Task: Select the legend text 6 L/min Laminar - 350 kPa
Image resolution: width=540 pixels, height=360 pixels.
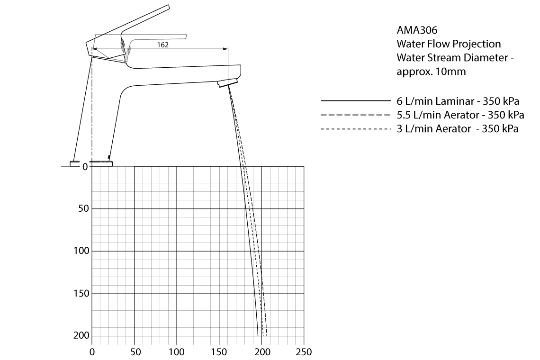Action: pyautogui.click(x=458, y=101)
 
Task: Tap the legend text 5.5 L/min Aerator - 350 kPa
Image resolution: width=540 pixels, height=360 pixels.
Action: pyautogui.click(x=460, y=115)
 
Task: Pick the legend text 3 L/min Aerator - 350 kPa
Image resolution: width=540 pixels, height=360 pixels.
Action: pyautogui.click(x=458, y=129)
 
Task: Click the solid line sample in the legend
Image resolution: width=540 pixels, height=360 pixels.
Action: pyautogui.click(x=355, y=101)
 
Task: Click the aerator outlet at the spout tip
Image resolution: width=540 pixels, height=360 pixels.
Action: pyautogui.click(x=227, y=83)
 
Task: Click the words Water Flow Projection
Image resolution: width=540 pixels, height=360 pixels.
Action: pyautogui.click(x=449, y=44)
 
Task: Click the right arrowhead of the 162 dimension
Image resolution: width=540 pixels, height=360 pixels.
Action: pyautogui.click(x=226, y=48)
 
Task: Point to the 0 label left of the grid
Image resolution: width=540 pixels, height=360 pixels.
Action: pyautogui.click(x=85, y=167)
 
